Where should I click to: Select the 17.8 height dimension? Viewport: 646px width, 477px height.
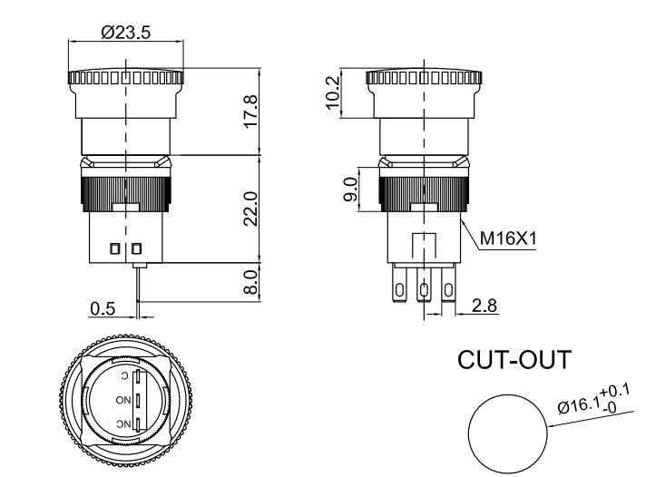[x=251, y=111]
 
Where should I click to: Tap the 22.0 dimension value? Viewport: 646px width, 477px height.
[x=251, y=209]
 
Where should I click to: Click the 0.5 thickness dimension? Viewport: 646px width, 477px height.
[x=103, y=308]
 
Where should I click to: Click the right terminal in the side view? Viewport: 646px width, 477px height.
[x=448, y=291]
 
